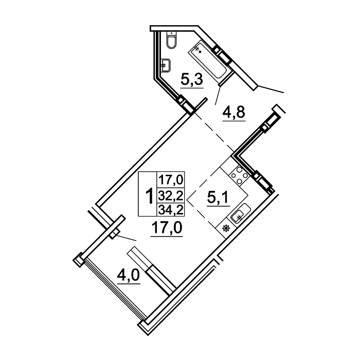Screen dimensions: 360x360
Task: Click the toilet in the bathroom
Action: tap(172, 40)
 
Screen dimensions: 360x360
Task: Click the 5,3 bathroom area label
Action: tap(192, 79)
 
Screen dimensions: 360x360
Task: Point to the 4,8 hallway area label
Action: tap(233, 113)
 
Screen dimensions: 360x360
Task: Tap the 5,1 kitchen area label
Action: tap(218, 198)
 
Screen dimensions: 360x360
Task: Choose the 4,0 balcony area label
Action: tap(129, 276)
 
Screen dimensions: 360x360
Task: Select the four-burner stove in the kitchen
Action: tap(239, 176)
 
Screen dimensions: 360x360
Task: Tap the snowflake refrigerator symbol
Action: tap(227, 229)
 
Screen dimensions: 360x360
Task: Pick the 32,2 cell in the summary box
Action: tap(171, 196)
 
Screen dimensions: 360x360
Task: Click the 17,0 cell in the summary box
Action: tap(171, 180)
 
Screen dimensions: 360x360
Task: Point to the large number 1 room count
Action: tap(150, 195)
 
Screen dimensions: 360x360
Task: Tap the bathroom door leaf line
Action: tap(218, 96)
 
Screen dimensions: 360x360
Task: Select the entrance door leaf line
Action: tap(271, 89)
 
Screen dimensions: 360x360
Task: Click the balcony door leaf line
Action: tap(127, 238)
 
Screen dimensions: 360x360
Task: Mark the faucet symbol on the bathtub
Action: tap(198, 49)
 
